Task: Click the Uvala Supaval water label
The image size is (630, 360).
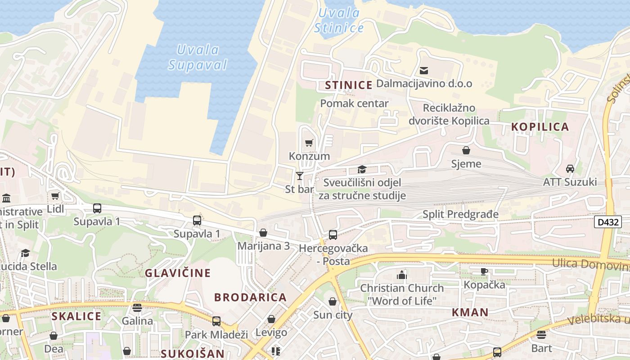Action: coord(198,57)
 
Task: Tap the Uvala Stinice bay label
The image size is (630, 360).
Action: coord(339,20)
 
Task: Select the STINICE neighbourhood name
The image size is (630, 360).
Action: coord(349,85)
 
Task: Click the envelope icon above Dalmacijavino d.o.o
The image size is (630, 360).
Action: coord(423,71)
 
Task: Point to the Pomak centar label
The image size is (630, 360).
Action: coord(354,103)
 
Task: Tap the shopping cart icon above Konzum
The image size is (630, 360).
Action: coord(309,143)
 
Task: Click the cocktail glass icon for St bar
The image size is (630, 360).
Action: coord(300,176)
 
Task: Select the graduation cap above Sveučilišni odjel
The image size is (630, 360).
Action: coord(362,170)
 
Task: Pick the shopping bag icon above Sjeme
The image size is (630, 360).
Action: coord(466,150)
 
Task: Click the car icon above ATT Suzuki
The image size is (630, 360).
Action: coord(570,169)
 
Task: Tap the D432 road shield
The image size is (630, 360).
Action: coord(607,222)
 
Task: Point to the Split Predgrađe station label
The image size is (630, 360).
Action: coord(460,214)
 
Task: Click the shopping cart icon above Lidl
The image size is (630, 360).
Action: coord(55,196)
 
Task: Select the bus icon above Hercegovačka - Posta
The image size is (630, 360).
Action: coord(333,234)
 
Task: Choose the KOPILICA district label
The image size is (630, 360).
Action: coord(540,127)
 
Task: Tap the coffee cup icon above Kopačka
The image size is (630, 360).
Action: coord(484,271)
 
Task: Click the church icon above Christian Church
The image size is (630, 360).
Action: coord(401,275)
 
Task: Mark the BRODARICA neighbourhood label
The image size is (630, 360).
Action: coord(250,297)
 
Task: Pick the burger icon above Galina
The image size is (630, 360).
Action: coord(137,308)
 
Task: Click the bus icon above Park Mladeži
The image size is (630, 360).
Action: coord(216,321)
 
